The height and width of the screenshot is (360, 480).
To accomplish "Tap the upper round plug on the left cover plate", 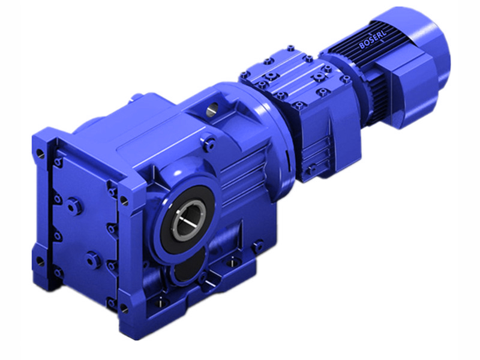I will [73, 206].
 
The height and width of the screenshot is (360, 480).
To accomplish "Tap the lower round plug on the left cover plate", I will [91, 260].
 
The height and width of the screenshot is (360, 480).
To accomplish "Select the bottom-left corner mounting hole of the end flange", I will [40, 260].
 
